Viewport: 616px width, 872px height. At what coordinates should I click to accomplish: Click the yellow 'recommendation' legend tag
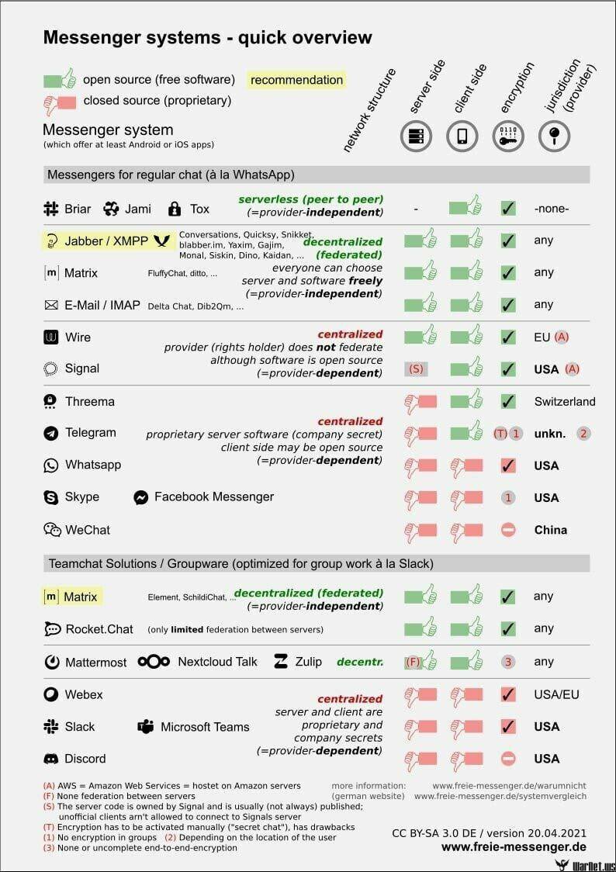tap(296, 80)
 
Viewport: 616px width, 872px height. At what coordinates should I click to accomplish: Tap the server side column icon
tap(416, 137)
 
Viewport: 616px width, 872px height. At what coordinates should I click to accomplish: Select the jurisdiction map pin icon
tap(554, 137)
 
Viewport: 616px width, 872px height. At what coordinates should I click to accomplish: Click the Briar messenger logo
tap(51, 209)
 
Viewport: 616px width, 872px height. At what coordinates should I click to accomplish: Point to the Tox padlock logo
tap(175, 209)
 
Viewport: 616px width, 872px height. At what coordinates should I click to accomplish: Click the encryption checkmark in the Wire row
tap(508, 337)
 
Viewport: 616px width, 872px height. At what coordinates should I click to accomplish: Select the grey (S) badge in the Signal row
tap(416, 369)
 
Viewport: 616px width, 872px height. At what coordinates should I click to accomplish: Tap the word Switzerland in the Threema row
tap(565, 402)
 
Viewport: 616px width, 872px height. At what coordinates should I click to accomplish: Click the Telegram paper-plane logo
tap(51, 433)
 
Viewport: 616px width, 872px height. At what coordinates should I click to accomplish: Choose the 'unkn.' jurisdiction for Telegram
tap(550, 434)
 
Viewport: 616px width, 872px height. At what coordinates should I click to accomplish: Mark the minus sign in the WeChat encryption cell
tap(508, 530)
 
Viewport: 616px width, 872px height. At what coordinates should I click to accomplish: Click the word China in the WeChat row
tap(551, 530)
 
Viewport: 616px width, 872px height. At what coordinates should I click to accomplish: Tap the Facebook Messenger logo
tap(140, 497)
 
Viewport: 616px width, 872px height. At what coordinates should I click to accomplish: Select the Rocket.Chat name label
tap(99, 629)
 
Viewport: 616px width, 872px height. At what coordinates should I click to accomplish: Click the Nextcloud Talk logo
tap(154, 662)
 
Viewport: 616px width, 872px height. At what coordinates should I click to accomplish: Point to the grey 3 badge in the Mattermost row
tap(508, 662)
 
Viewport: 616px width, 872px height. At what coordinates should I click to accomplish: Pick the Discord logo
tap(51, 759)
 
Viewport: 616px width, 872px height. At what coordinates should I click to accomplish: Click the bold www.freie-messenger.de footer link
tap(514, 846)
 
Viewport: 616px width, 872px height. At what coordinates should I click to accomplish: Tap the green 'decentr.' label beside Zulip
tap(360, 662)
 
